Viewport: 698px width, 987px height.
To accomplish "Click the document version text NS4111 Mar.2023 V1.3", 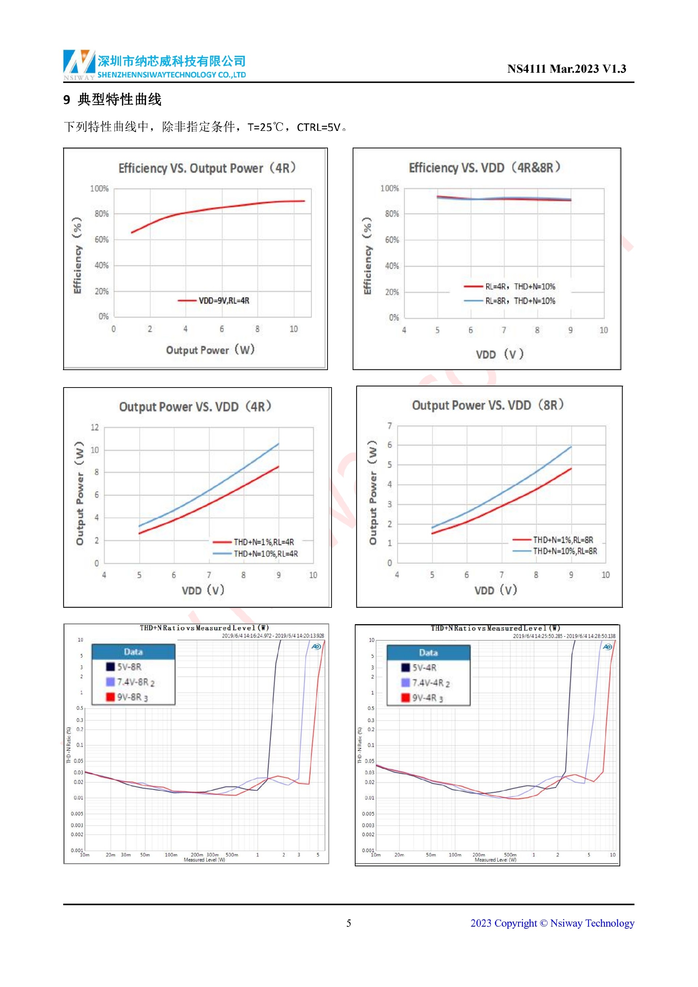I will [x=566, y=69].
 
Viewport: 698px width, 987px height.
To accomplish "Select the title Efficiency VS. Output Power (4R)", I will [x=207, y=168].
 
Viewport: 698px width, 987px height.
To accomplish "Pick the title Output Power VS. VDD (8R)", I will [x=488, y=405].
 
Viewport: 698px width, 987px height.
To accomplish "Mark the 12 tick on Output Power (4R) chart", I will [x=95, y=427].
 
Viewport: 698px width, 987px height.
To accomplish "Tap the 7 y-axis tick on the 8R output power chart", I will [x=389, y=426].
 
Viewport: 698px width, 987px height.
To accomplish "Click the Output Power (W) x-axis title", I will [x=210, y=350].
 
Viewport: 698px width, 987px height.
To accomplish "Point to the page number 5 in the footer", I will [x=349, y=923].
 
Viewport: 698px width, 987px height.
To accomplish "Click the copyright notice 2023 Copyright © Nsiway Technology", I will [x=552, y=923].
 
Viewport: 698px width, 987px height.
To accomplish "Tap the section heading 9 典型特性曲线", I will [x=113, y=100].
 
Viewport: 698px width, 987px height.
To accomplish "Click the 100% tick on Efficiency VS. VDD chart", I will [x=389, y=188].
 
